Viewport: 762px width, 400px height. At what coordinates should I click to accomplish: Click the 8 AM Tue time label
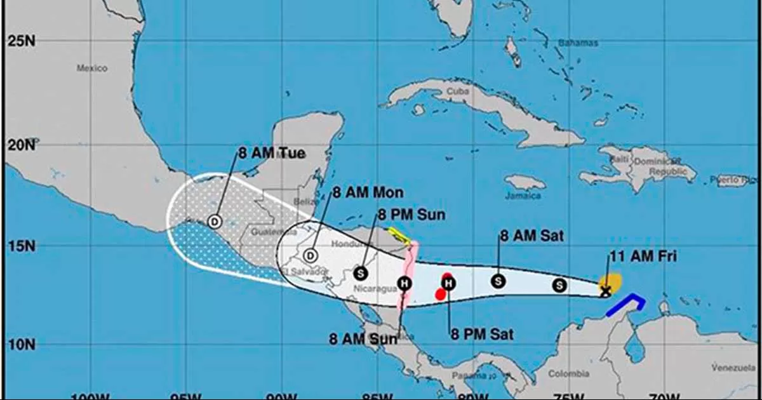tap(272, 153)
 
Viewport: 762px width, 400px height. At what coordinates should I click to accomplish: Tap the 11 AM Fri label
tap(643, 257)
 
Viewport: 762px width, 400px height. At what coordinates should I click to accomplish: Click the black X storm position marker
tap(606, 291)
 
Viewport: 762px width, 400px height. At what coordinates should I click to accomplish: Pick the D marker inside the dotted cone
tap(214, 221)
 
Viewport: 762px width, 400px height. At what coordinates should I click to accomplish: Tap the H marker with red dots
tap(448, 283)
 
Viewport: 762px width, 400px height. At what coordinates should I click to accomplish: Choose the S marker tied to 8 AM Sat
tap(498, 281)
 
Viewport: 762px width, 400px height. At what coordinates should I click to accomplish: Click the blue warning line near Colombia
tap(625, 304)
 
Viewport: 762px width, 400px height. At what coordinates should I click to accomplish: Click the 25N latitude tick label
tap(20, 41)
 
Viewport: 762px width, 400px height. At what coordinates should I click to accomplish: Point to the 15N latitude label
tap(20, 246)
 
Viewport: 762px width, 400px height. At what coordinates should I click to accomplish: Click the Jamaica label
tap(523, 196)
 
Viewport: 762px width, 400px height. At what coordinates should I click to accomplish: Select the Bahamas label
tap(578, 43)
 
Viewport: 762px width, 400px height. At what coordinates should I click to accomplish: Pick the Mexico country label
tap(92, 69)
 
